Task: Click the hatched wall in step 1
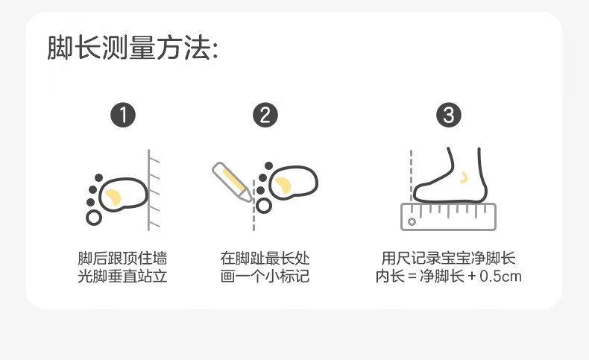pyautogui.click(x=154, y=190)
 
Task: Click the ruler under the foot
pyautogui.click(x=449, y=216)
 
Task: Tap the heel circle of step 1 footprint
pyautogui.click(x=94, y=218)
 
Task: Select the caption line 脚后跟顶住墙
pyautogui.click(x=123, y=259)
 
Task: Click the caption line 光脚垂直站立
pyautogui.click(x=123, y=277)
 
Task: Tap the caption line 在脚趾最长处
pyautogui.click(x=265, y=259)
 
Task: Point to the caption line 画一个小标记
pyautogui.click(x=265, y=277)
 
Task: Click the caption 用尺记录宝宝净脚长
pyautogui.click(x=448, y=259)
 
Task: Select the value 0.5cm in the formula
pyautogui.click(x=500, y=277)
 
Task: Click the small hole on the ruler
pyautogui.click(x=411, y=221)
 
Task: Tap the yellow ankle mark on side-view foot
pyautogui.click(x=464, y=178)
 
